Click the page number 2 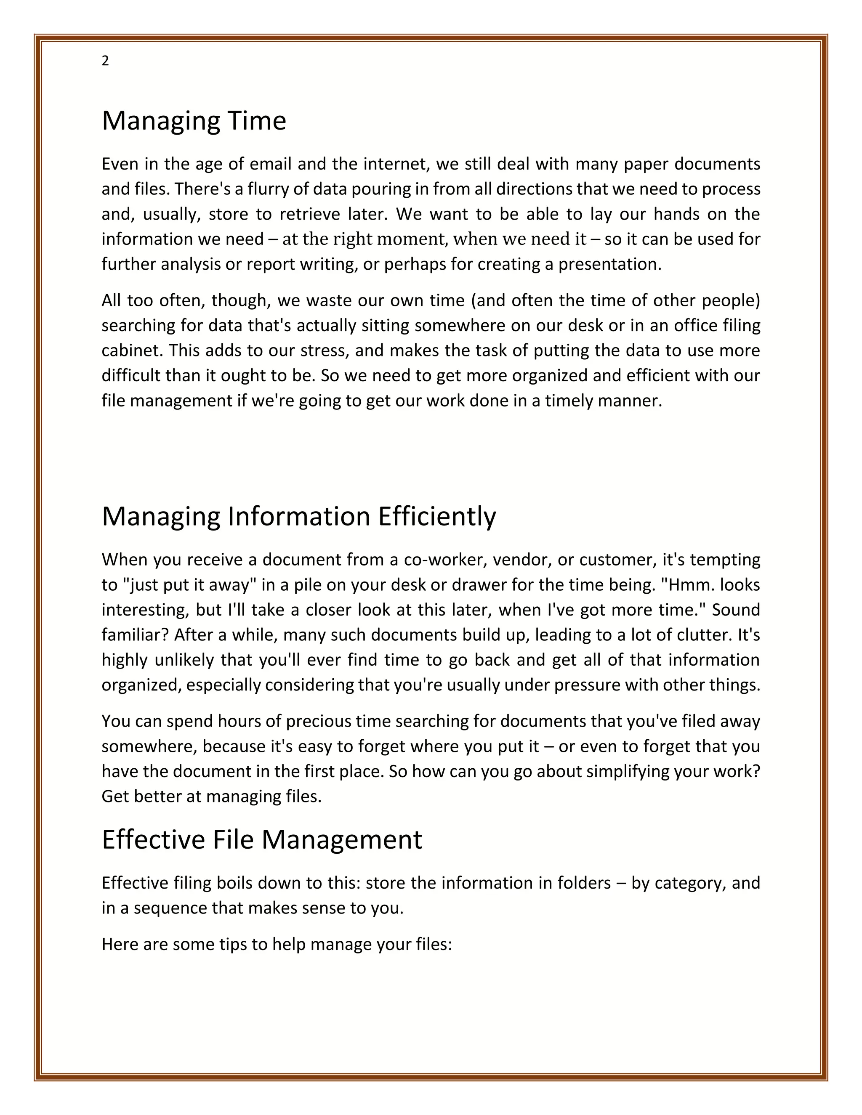tap(105, 61)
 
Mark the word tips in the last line tap(233, 945)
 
